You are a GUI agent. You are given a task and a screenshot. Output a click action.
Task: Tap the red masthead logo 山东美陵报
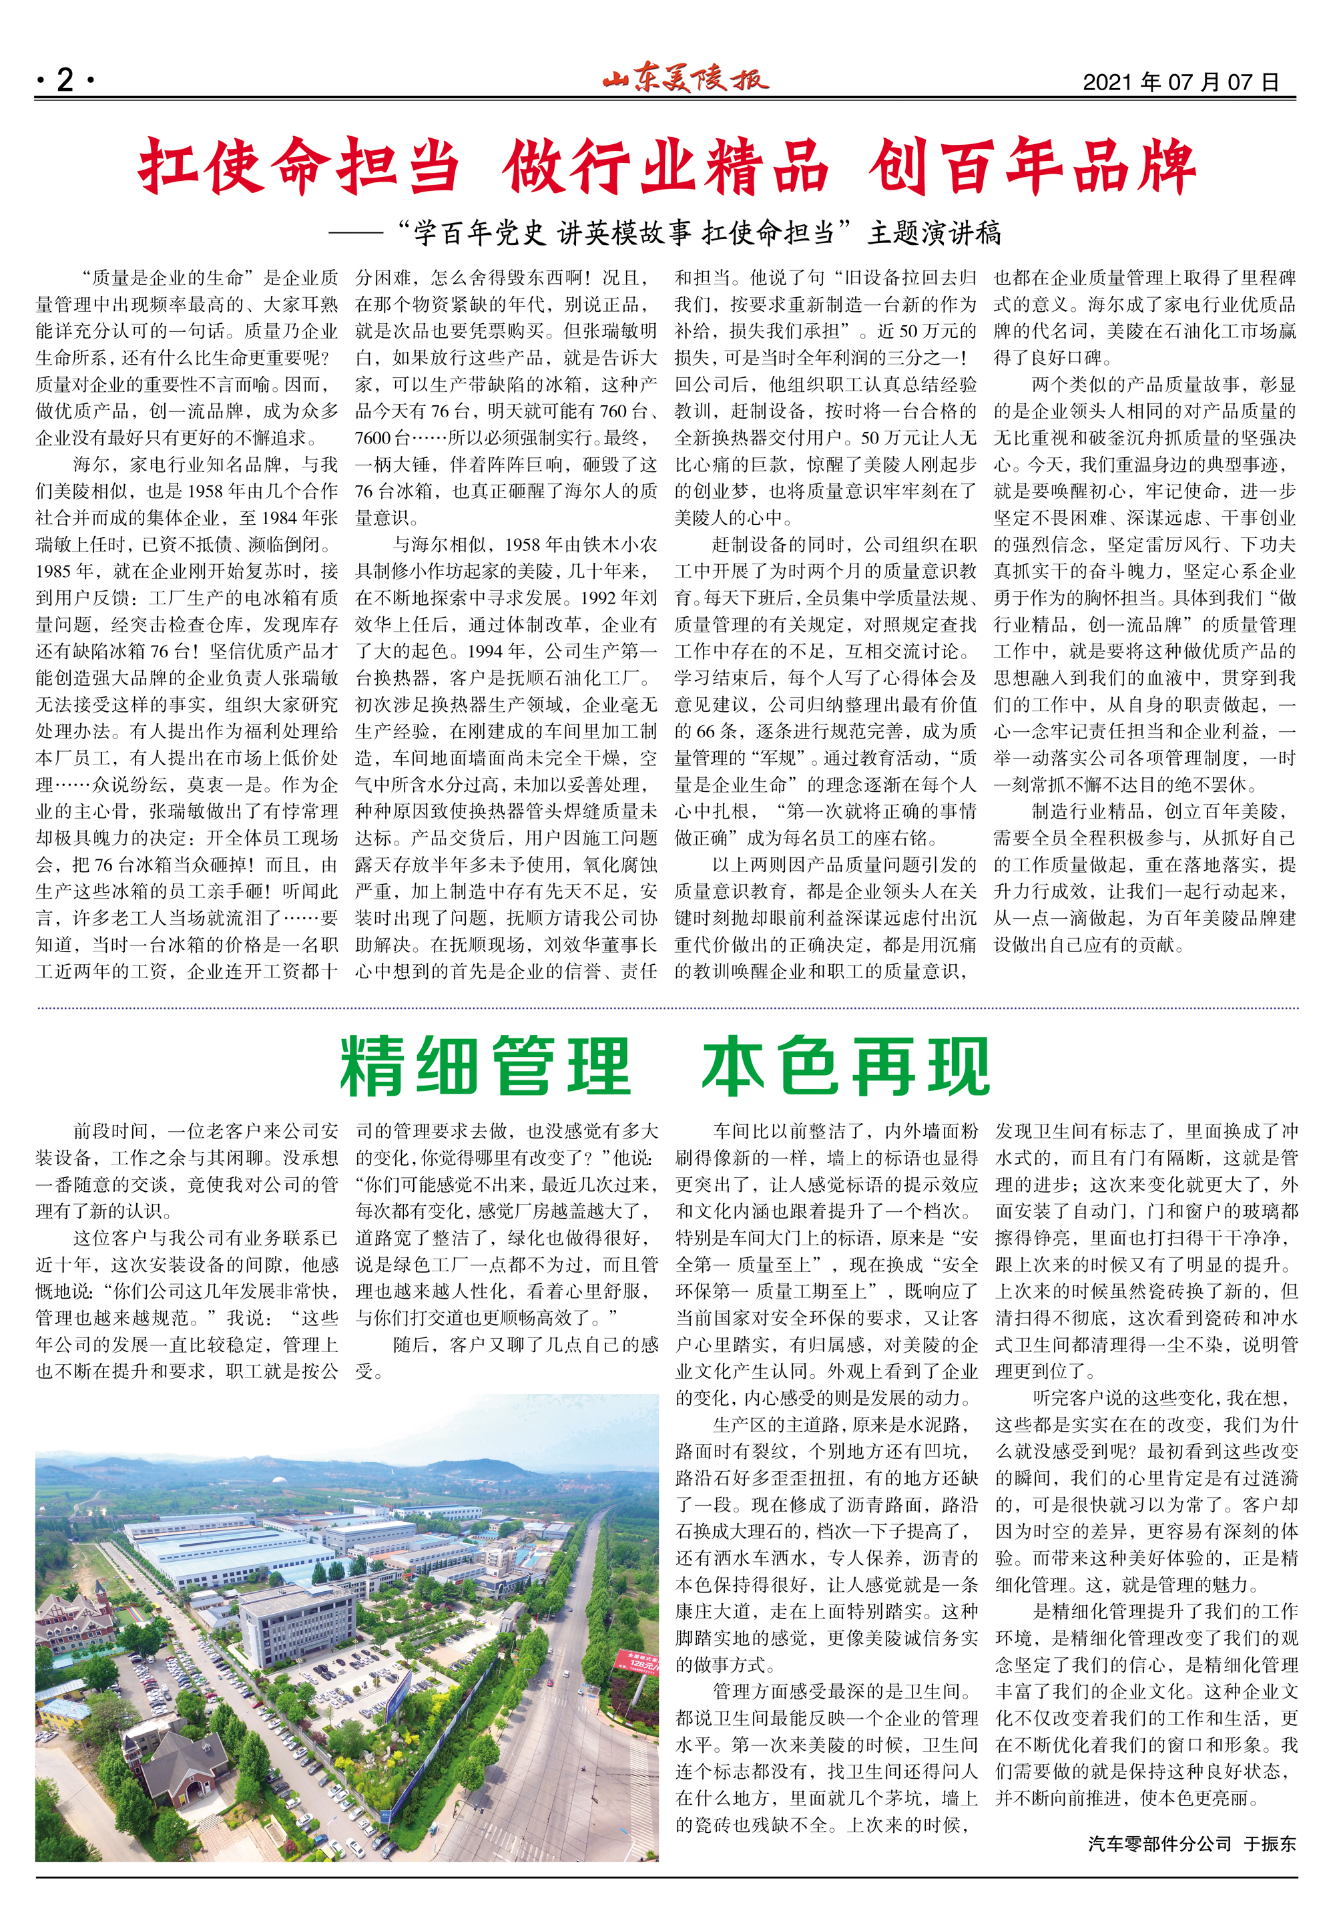[x=684, y=79]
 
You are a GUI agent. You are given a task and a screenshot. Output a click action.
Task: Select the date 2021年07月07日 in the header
[x=1180, y=82]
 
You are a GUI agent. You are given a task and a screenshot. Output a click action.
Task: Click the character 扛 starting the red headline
[x=168, y=166]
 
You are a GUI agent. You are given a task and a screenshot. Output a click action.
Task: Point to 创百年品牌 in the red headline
[x=1031, y=166]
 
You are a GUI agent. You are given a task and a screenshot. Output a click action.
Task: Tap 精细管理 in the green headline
[x=485, y=1066]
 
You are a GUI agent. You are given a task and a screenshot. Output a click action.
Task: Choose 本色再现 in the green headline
[x=846, y=1066]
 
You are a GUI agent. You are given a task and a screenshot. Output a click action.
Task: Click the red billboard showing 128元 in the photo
[x=637, y=1659]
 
